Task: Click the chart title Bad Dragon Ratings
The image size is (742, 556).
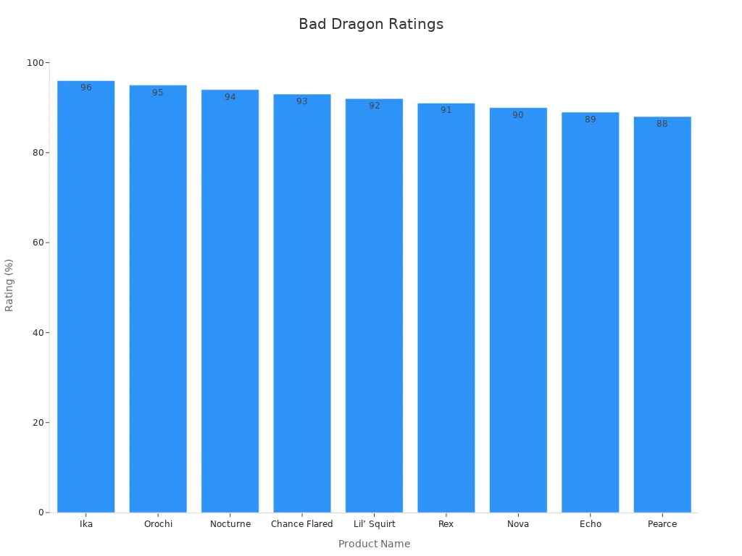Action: click(371, 24)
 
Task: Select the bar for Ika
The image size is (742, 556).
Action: click(86, 297)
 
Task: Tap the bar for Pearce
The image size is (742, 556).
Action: click(662, 315)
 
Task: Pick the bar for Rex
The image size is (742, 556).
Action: click(446, 308)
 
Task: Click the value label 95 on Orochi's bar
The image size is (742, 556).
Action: click(158, 93)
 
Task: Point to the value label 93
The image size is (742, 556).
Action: click(301, 101)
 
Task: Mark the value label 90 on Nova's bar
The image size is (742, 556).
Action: click(517, 115)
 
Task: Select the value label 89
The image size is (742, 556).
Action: click(590, 119)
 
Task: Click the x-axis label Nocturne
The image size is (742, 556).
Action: click(230, 524)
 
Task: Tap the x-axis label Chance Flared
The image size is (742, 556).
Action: click(301, 524)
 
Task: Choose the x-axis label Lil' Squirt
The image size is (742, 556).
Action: click(374, 524)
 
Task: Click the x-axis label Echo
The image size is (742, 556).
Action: click(590, 524)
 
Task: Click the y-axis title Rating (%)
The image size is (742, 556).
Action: click(9, 285)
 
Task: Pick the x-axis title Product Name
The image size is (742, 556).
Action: click(374, 544)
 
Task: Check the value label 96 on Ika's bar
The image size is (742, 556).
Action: click(86, 88)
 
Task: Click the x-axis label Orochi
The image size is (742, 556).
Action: click(158, 524)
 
